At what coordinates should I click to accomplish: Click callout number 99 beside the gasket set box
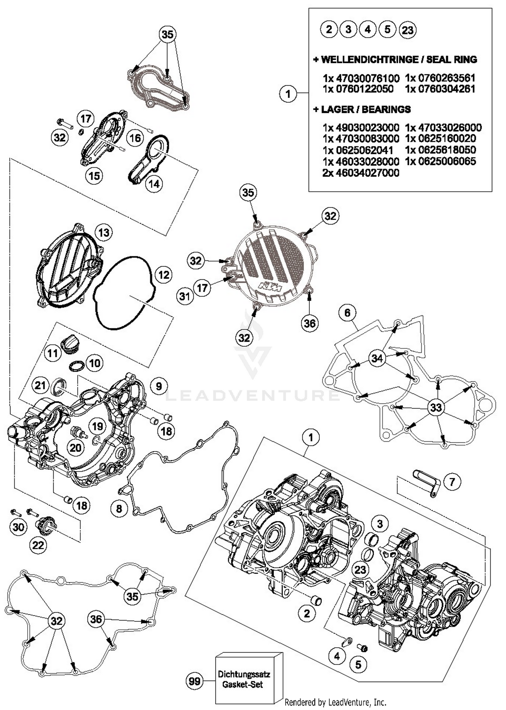click(x=195, y=681)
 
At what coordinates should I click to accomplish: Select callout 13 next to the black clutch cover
click(x=104, y=233)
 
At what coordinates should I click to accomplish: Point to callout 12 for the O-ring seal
click(x=164, y=275)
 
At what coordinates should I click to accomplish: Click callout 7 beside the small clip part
click(x=452, y=482)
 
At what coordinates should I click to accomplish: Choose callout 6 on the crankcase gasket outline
click(x=347, y=313)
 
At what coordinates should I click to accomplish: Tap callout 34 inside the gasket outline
click(x=377, y=358)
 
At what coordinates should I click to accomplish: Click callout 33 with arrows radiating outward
click(x=436, y=407)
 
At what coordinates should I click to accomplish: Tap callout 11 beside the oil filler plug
click(x=53, y=353)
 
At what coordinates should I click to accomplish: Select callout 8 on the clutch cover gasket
click(x=119, y=508)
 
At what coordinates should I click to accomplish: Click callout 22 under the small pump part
click(x=38, y=545)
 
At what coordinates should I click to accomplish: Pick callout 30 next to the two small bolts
click(x=18, y=527)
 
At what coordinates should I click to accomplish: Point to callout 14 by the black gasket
click(x=154, y=184)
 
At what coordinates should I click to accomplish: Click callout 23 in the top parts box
click(x=407, y=30)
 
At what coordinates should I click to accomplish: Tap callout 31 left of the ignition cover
click(x=185, y=296)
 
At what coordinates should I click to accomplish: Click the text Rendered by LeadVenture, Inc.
click(x=335, y=702)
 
